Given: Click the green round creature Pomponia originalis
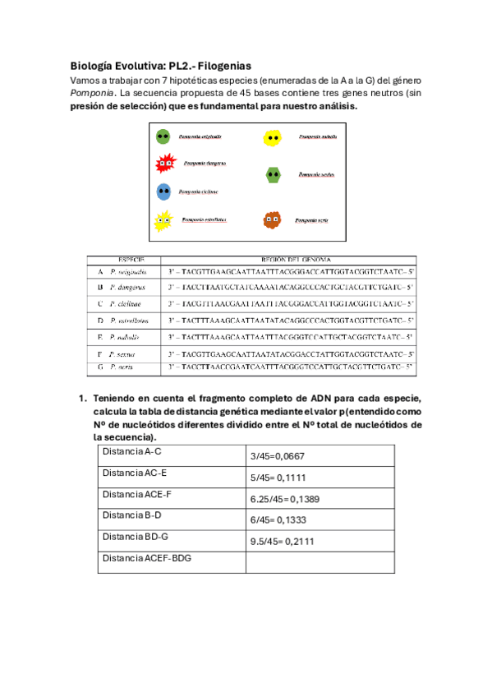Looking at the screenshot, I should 163,136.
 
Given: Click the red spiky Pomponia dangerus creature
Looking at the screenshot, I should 164,164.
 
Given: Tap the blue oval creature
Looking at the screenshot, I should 163,192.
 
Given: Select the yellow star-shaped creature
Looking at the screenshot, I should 163,220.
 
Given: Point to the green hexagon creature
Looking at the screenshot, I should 274,174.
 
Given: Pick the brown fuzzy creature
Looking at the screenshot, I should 273,219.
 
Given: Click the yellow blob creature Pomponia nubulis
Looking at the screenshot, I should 274,137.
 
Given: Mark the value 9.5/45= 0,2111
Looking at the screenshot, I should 283,542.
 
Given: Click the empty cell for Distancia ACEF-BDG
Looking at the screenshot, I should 320,561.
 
